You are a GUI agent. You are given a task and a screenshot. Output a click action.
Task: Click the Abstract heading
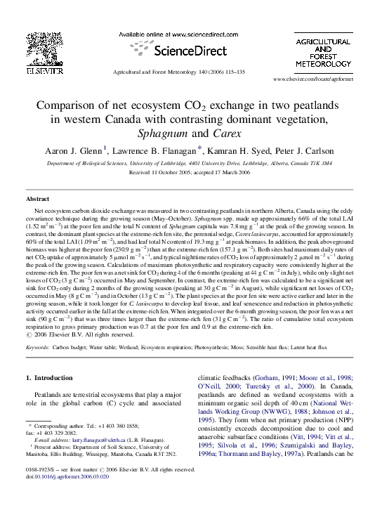coord(37,200)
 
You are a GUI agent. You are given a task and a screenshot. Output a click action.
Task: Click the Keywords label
coord(39,347)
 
